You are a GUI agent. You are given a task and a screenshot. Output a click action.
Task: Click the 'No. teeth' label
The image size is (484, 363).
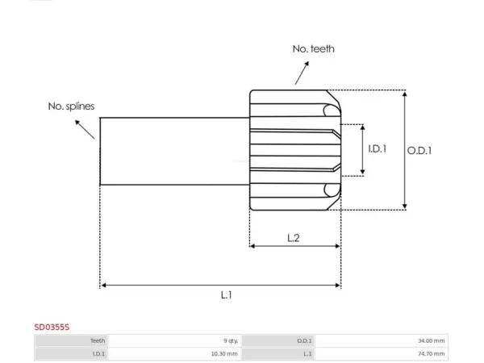(x=313, y=48)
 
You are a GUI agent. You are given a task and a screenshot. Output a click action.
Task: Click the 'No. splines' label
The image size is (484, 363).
(x=71, y=106)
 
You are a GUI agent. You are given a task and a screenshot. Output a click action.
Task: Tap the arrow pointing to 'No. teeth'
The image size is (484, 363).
(x=302, y=73)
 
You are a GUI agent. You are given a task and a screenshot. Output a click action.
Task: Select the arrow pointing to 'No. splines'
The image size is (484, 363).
(x=85, y=130)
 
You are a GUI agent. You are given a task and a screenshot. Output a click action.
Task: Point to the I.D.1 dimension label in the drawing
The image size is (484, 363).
(x=378, y=148)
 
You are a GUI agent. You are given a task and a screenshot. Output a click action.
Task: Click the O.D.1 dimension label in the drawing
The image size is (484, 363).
(x=419, y=151)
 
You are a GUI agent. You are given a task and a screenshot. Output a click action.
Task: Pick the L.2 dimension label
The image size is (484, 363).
(x=294, y=238)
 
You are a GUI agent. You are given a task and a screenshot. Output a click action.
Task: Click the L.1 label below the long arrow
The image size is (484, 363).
(x=226, y=294)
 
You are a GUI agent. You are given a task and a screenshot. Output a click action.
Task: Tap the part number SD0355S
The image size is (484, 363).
(x=52, y=328)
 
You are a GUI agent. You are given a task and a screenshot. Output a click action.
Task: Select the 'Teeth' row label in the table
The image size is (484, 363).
(x=98, y=340)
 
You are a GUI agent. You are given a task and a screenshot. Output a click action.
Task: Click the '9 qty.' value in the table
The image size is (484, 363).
(x=231, y=340)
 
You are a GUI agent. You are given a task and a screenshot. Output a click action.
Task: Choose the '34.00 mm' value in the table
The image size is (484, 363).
(x=432, y=340)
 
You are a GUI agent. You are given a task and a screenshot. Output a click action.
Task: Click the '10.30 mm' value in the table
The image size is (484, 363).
(x=224, y=354)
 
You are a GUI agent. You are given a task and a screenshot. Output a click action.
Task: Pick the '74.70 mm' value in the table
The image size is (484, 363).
(x=432, y=354)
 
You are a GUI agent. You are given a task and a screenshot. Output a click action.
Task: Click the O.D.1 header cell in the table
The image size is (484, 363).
(x=304, y=340)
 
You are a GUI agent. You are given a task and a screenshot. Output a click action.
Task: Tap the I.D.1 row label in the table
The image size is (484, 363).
(x=98, y=354)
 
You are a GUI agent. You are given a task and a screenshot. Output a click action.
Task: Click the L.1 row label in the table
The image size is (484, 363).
(x=307, y=354)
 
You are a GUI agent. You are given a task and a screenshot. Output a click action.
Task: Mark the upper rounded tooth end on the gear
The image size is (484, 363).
(x=330, y=111)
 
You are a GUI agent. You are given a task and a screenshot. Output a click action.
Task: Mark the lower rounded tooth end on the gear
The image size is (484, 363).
(x=330, y=190)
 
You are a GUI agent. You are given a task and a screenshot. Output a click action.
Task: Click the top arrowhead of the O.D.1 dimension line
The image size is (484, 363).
(x=405, y=94)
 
